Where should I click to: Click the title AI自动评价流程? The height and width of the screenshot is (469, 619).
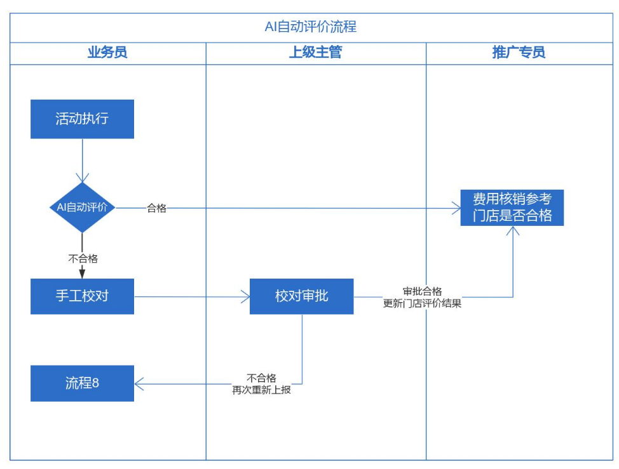[310, 27]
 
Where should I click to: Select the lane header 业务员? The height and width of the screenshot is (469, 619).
[107, 53]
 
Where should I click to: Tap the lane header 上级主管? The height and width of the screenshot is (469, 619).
[315, 53]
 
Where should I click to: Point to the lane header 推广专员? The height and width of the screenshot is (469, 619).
[519, 53]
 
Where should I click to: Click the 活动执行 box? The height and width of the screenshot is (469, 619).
[82, 119]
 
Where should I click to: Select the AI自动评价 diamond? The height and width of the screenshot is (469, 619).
[82, 208]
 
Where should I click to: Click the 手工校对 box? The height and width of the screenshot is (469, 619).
[82, 296]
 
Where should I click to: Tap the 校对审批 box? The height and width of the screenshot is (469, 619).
[301, 296]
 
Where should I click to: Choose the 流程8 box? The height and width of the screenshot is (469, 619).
[82, 383]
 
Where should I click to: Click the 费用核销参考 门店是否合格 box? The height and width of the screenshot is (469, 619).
[512, 208]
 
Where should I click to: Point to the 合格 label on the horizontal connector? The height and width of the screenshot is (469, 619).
[156, 208]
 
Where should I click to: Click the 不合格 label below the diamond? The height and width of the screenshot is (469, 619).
[83, 258]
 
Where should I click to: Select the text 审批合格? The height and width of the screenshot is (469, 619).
[422, 291]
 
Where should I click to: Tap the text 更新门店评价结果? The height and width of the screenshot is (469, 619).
[422, 303]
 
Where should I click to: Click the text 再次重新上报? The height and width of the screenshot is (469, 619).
[261, 390]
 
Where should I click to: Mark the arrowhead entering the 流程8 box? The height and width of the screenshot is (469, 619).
[139, 383]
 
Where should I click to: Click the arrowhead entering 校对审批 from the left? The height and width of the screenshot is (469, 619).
[245, 296]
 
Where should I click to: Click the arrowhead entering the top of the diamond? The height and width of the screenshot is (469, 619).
[82, 178]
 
